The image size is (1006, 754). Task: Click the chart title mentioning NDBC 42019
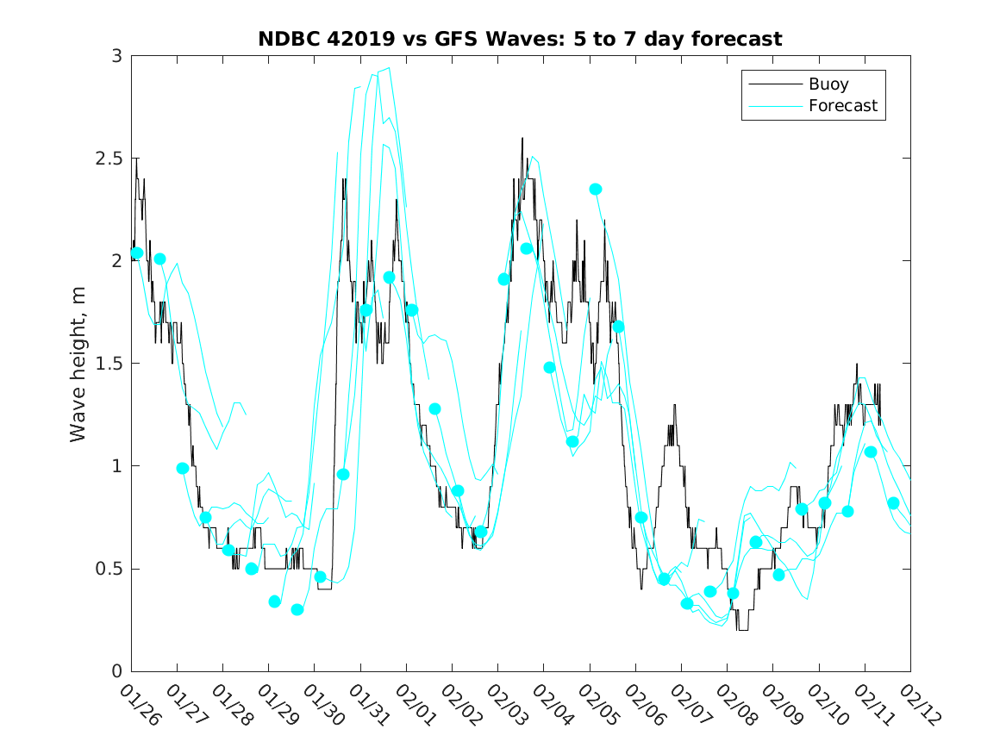coord(520,39)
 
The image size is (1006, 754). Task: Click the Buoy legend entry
coord(828,84)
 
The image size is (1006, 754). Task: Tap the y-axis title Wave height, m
coord(78,363)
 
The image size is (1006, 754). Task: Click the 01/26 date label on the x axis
coord(138,705)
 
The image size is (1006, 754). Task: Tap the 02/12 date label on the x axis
coord(917,705)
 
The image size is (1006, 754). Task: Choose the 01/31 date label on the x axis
coord(367,705)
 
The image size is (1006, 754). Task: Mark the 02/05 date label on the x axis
coord(597,705)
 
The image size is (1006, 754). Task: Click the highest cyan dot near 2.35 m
coord(596,189)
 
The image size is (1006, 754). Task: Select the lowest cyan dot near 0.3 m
coord(297,609)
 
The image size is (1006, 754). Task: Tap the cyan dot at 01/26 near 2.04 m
coord(137,252)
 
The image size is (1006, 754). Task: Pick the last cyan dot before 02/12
coord(893,503)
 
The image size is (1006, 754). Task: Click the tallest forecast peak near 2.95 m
coord(390,67)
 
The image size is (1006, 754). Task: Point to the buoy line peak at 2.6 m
coord(522,138)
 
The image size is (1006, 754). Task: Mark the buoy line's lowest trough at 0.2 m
coord(742,630)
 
